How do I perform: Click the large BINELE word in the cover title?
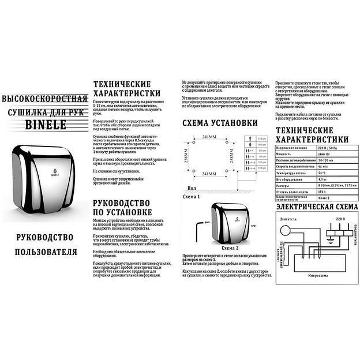pos(44,124)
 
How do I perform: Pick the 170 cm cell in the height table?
pos(261,140)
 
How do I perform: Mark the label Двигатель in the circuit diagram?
pos(287,219)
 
